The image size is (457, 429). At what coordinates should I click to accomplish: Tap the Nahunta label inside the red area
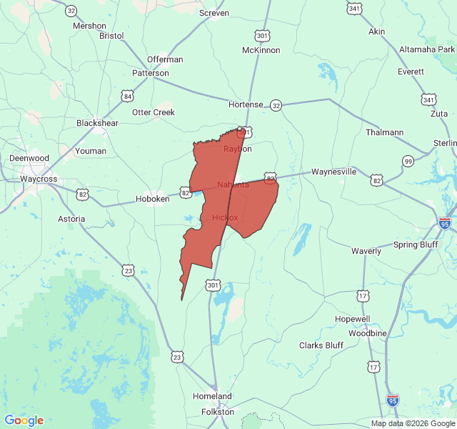233,184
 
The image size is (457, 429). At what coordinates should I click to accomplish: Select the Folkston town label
218,411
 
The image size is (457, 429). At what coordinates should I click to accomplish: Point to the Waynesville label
333,172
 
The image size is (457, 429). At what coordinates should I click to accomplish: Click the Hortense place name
246,104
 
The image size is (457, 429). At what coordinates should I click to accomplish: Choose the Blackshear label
97,123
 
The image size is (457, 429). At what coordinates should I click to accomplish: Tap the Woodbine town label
368,333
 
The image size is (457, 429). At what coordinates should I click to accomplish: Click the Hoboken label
153,199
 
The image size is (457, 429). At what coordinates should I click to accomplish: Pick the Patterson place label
151,73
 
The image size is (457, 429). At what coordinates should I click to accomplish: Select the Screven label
214,13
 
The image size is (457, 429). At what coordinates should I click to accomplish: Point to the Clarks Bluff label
321,345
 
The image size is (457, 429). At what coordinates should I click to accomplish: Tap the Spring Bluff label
416,245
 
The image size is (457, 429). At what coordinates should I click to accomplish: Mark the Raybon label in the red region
238,149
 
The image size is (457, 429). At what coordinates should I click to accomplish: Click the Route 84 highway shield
128,96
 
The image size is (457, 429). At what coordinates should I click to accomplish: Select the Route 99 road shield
408,161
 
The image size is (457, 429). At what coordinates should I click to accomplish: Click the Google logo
24,420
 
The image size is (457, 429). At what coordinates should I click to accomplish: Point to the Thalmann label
384,132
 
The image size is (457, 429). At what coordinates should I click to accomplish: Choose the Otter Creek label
154,112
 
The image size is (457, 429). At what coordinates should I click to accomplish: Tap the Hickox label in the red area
225,217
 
